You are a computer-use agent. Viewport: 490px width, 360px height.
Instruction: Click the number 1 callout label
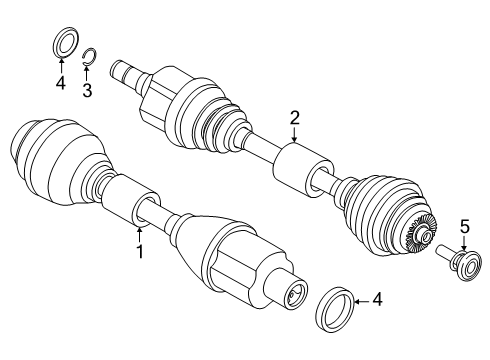[139, 252]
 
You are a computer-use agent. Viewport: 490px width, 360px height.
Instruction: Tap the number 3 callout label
[88, 90]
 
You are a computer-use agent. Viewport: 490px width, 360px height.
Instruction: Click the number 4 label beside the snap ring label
[60, 84]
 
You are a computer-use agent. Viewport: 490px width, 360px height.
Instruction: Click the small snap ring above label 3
[89, 56]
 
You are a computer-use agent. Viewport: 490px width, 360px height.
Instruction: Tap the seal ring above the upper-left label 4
[63, 45]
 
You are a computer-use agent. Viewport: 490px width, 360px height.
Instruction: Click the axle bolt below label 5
[456, 266]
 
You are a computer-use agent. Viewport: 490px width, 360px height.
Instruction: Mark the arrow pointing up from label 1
[139, 234]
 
